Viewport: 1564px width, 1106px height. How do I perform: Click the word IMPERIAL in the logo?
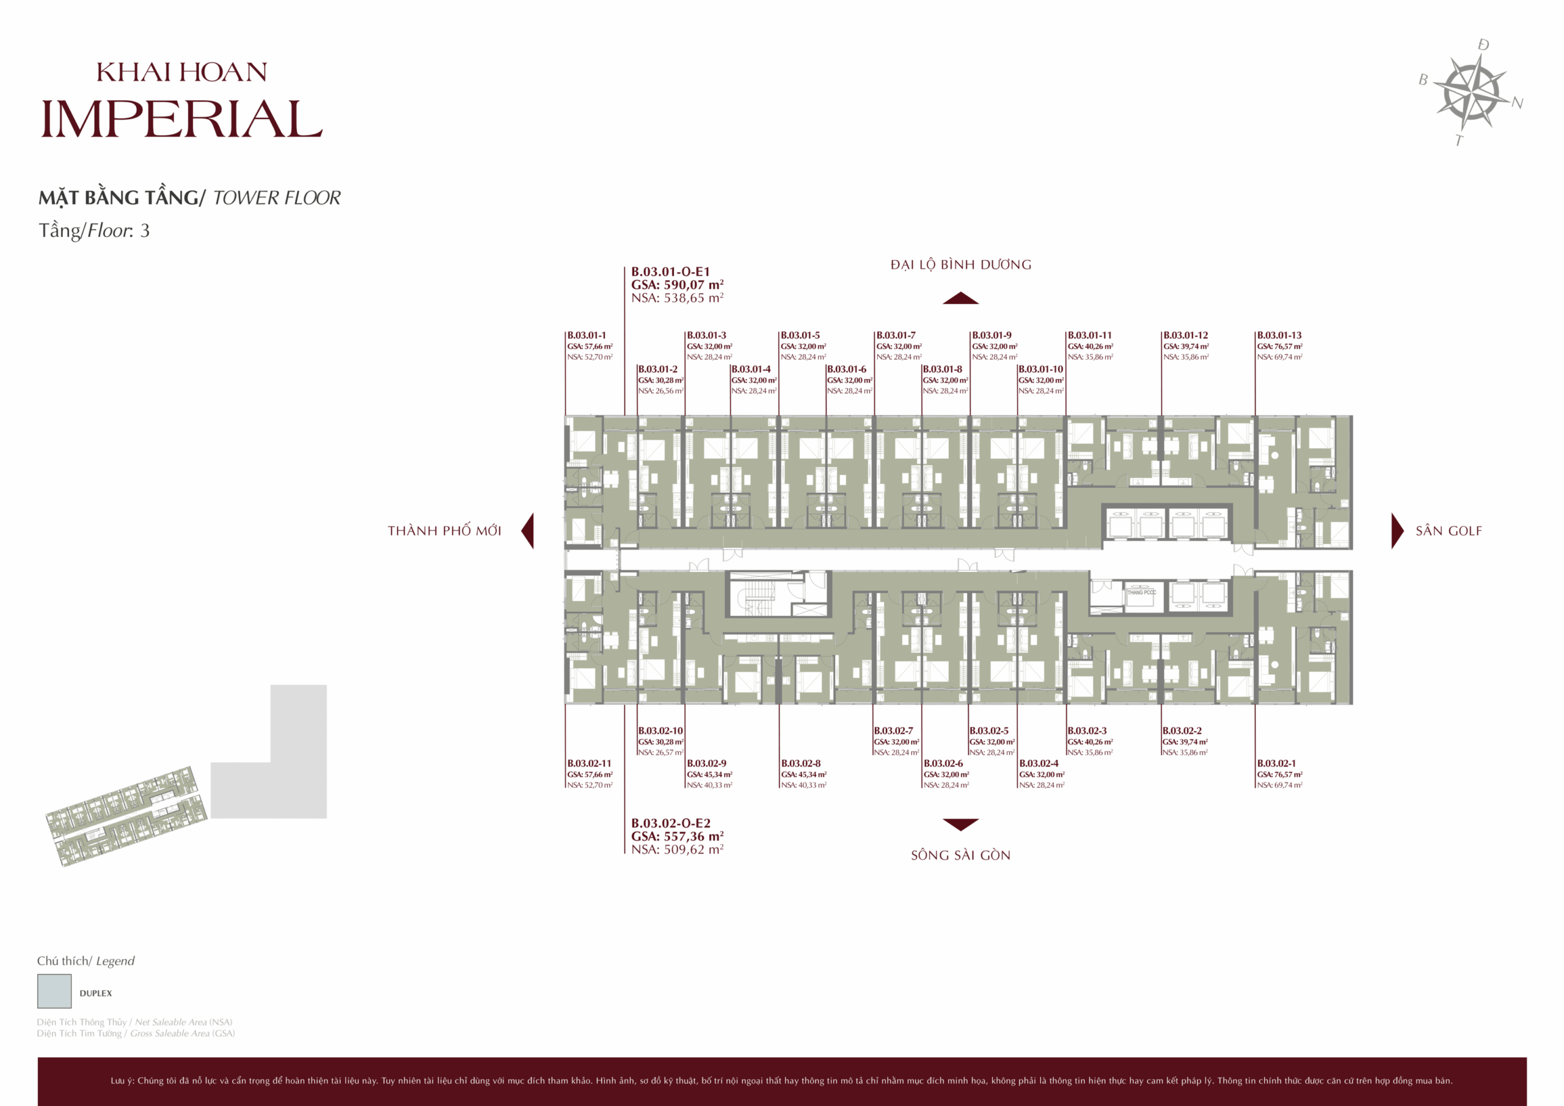[x=181, y=119]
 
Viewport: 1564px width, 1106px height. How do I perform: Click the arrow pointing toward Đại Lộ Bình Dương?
[x=960, y=298]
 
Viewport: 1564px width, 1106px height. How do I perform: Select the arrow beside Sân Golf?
[x=1397, y=531]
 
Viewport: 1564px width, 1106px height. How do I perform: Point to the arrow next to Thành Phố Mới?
[x=528, y=531]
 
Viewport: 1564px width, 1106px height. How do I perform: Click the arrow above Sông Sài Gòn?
[x=960, y=824]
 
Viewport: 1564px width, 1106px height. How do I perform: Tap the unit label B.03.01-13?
[x=1279, y=335]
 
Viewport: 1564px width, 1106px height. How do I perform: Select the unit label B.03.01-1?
[x=586, y=335]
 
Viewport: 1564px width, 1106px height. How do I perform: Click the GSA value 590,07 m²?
[x=693, y=285]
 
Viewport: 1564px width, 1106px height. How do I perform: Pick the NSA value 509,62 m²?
[x=693, y=850]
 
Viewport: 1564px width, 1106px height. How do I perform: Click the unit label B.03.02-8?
[x=800, y=763]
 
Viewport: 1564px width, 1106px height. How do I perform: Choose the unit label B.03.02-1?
[x=1276, y=763]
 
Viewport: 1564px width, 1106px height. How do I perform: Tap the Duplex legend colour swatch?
[x=54, y=991]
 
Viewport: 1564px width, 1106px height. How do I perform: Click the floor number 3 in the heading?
[x=144, y=231]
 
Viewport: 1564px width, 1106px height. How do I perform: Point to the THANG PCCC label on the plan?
[x=1142, y=592]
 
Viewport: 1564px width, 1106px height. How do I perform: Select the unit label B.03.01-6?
[x=847, y=369]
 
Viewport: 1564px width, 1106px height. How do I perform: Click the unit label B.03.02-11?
[x=589, y=763]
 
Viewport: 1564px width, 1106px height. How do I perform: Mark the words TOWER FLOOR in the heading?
[x=277, y=198]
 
